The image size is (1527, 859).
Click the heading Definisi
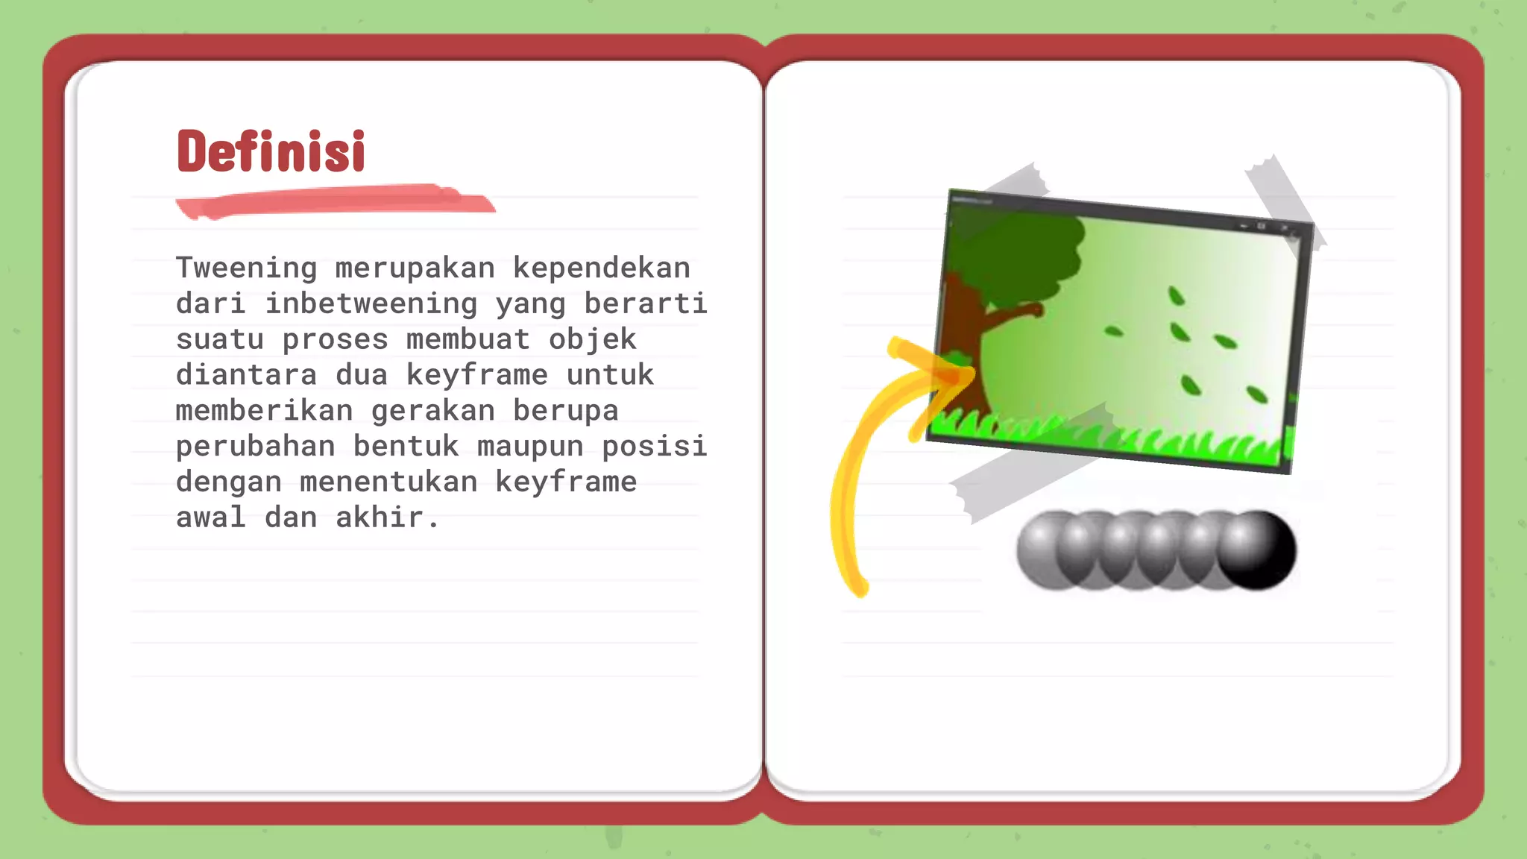point(271,151)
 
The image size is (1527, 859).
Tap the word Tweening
point(246,268)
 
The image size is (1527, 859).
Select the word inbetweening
point(371,303)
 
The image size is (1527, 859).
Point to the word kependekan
point(601,268)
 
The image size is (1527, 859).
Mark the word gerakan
point(432,410)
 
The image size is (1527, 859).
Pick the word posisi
point(654,446)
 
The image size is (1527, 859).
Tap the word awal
point(210,517)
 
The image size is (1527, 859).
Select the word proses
point(335,339)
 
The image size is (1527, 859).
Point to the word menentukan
point(388,482)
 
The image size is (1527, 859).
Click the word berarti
point(645,303)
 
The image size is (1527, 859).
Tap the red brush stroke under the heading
point(336,201)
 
